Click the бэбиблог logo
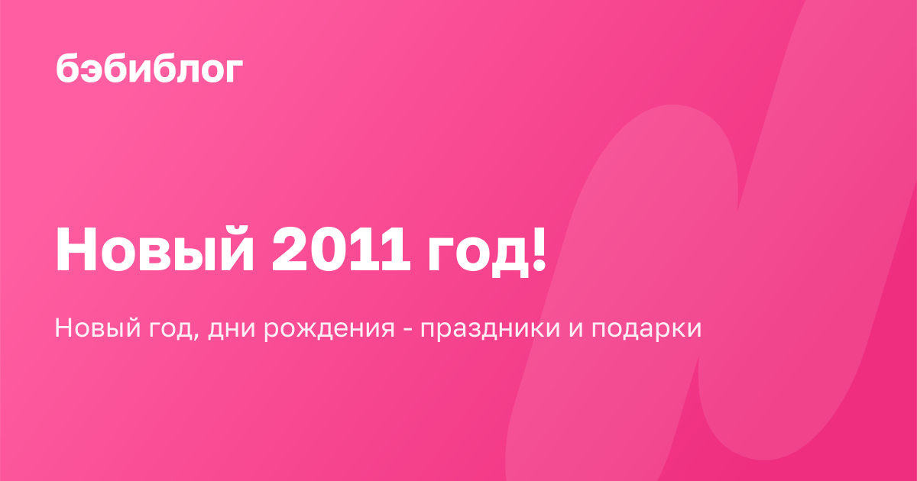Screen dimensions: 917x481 [x=150, y=68]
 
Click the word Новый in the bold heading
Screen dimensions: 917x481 [x=154, y=249]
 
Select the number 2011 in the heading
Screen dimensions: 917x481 [x=341, y=249]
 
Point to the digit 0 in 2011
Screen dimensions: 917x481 [x=329, y=249]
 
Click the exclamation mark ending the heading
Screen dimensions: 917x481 [x=540, y=249]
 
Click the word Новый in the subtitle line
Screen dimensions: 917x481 [x=98, y=328]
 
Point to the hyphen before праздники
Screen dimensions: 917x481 [x=408, y=329]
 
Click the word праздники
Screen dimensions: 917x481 [x=490, y=331]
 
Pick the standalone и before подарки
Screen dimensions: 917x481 [x=575, y=329]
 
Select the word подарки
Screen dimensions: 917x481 [x=646, y=331]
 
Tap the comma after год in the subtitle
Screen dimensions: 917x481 [x=196, y=337]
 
